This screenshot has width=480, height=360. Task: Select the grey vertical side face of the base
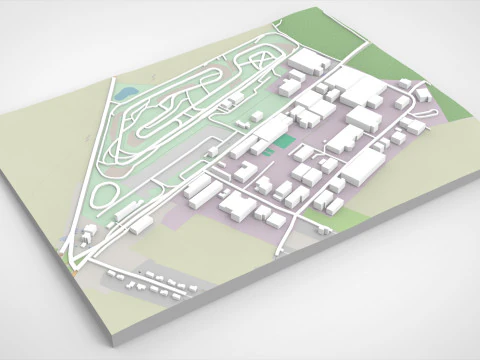[x=300, y=290]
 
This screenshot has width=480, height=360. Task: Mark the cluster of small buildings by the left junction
[x=90, y=235]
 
